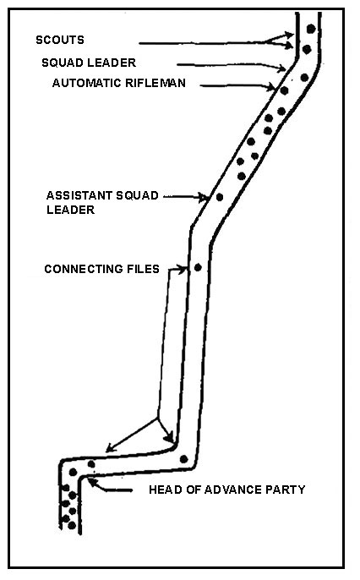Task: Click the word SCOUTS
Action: (60, 40)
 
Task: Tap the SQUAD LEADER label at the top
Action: (89, 63)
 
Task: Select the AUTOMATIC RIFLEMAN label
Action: (118, 83)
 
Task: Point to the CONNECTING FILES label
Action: (101, 269)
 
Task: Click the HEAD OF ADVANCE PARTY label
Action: (227, 490)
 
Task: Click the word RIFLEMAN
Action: (155, 83)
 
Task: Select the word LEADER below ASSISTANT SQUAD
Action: (70, 210)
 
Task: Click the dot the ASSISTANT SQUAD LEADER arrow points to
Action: (220, 197)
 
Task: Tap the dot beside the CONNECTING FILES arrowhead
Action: (198, 267)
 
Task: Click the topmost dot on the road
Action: (311, 29)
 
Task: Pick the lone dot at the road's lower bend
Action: (183, 459)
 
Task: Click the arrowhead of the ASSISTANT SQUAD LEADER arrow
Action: (205, 197)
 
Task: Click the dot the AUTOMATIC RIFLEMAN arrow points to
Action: (284, 90)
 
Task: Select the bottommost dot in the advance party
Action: (72, 525)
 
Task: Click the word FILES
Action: (144, 269)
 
